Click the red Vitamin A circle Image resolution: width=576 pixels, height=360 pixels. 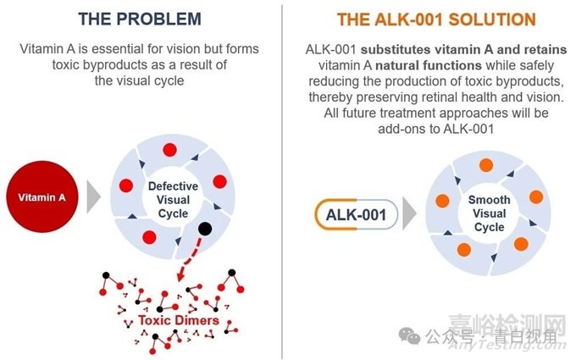coord(42,197)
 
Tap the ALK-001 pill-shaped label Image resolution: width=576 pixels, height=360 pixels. coord(356,214)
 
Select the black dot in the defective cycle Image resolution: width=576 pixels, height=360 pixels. coord(205,229)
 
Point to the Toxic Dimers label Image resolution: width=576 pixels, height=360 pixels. coord(179,320)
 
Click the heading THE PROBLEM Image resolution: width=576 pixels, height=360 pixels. coord(140,19)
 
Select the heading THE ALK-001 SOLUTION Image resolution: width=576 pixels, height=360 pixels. coord(436,19)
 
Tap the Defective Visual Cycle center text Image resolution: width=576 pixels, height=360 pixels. coord(173,200)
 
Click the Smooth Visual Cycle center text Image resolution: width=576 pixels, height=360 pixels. coord(490,213)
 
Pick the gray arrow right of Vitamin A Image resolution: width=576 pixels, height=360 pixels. coord(93,197)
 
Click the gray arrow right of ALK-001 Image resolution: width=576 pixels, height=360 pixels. coord(409,213)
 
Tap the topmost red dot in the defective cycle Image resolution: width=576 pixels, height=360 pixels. coord(169,150)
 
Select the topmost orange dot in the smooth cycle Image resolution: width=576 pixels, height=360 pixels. coord(486,165)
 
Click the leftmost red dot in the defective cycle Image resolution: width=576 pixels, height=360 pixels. coord(126,186)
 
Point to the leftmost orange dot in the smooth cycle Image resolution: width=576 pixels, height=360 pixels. coord(442,201)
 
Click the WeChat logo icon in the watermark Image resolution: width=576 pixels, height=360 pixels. coord(409,335)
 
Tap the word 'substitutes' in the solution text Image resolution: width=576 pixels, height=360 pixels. coord(396,50)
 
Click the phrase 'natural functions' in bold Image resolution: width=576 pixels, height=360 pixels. coord(429,65)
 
